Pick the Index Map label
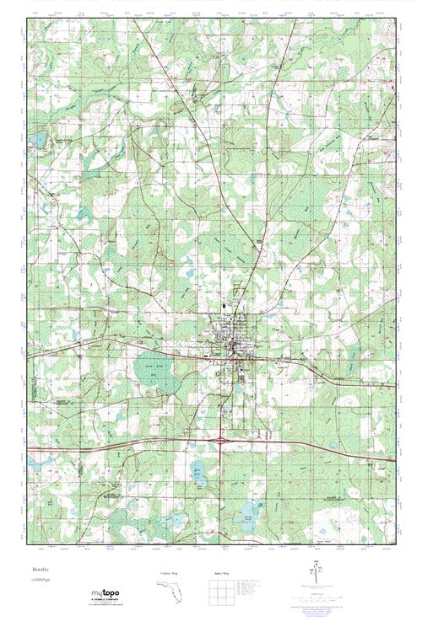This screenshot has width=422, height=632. pos(222,574)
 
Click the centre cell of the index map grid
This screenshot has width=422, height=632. pos(221,593)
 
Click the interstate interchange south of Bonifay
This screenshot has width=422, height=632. pos(220,439)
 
